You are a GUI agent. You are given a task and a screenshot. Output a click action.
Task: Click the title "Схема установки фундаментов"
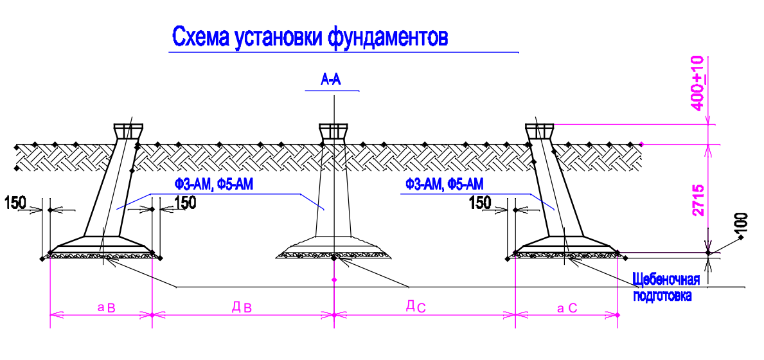pos(308,37)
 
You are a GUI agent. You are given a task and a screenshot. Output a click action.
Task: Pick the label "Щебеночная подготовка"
pos(666,288)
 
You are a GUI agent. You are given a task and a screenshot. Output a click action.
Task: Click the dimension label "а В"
pos(106,307)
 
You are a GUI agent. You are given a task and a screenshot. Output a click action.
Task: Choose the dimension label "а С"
pos(567,307)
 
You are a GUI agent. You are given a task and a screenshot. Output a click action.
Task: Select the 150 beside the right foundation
pos(480,203)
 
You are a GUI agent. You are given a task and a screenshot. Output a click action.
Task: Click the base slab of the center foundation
pos(333,248)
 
